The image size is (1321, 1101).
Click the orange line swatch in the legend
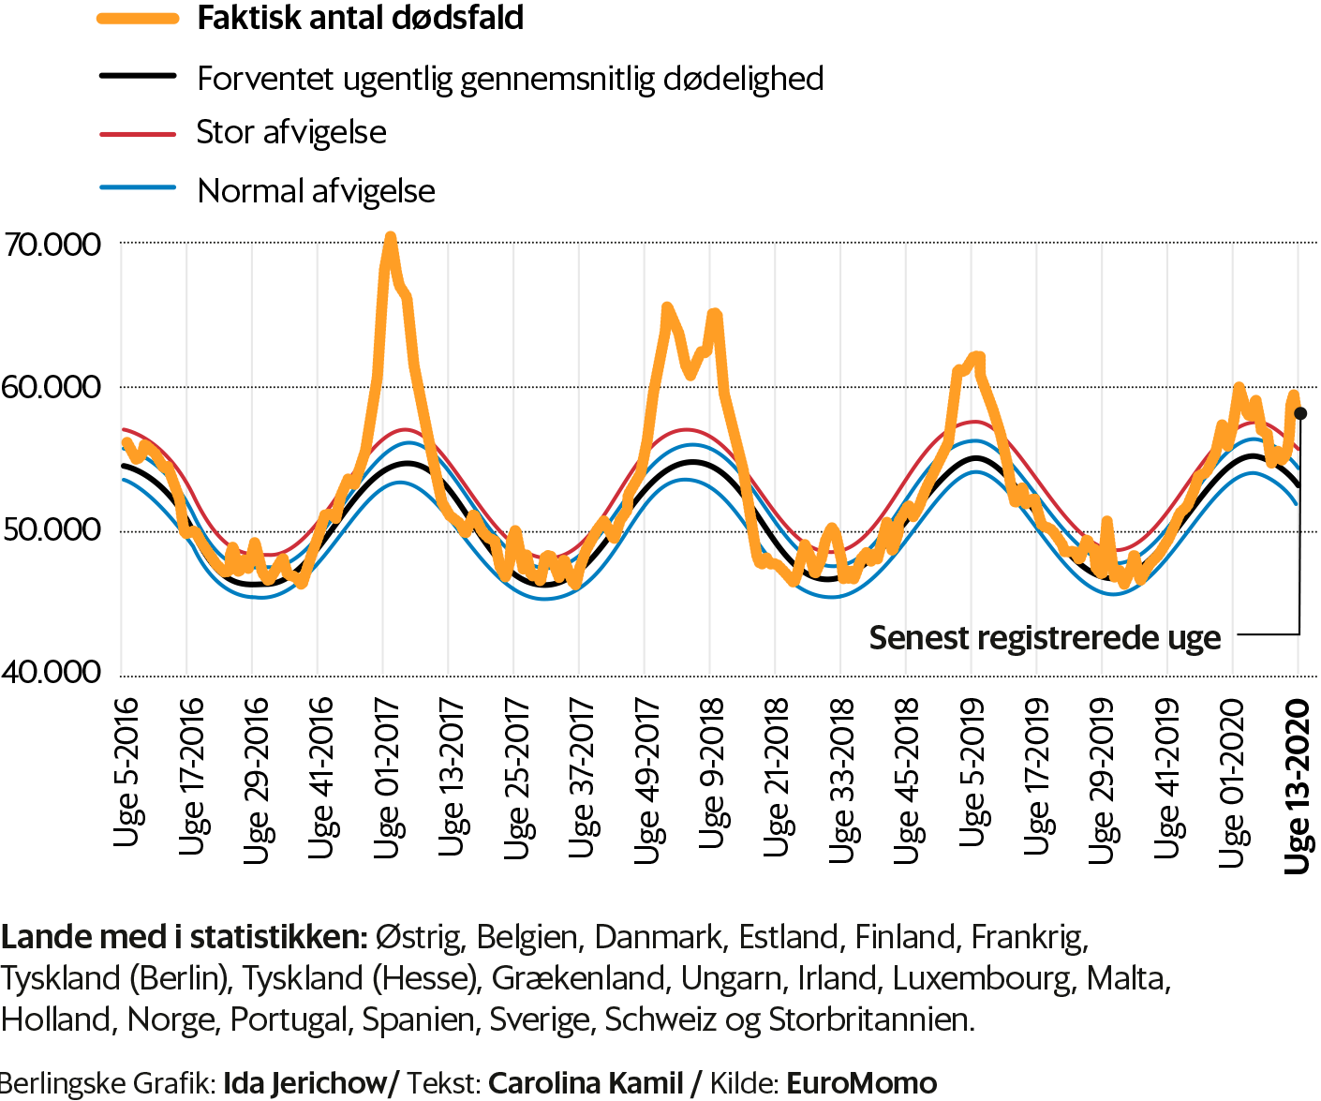(138, 18)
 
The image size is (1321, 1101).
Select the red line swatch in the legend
(138, 135)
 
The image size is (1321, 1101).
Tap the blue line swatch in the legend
(138, 187)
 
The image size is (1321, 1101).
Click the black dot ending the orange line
(1300, 413)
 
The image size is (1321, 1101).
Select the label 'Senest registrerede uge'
(1045, 638)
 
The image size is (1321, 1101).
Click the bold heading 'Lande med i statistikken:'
(184, 937)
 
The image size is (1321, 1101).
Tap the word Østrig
(418, 937)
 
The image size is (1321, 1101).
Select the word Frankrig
(1028, 937)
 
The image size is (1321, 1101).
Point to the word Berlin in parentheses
(179, 978)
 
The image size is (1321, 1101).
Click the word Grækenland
(578, 978)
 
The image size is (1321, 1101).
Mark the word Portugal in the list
(288, 1019)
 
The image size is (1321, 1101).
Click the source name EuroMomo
(861, 1083)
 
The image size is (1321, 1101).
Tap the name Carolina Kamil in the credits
(586, 1083)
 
